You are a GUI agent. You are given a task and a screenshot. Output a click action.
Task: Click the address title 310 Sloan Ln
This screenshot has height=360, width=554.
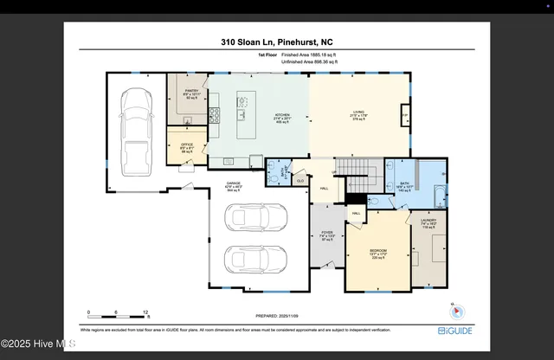[277, 41]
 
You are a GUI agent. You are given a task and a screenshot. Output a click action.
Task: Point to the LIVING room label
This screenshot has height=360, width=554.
[358, 112]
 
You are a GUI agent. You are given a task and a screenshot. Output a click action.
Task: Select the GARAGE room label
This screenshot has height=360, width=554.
[233, 183]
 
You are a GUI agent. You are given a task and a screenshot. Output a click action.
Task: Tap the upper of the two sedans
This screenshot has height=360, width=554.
[255, 219]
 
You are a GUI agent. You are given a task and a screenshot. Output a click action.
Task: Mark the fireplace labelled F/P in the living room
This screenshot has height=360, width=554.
[404, 115]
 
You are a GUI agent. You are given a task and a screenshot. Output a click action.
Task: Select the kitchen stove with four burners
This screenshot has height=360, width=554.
[214, 113]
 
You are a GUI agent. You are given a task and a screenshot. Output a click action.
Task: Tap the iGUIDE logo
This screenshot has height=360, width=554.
[454, 330]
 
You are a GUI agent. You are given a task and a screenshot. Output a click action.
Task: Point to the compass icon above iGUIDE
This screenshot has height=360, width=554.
[457, 312]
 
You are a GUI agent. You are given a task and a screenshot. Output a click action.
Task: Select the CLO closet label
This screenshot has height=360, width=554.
[300, 180]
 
